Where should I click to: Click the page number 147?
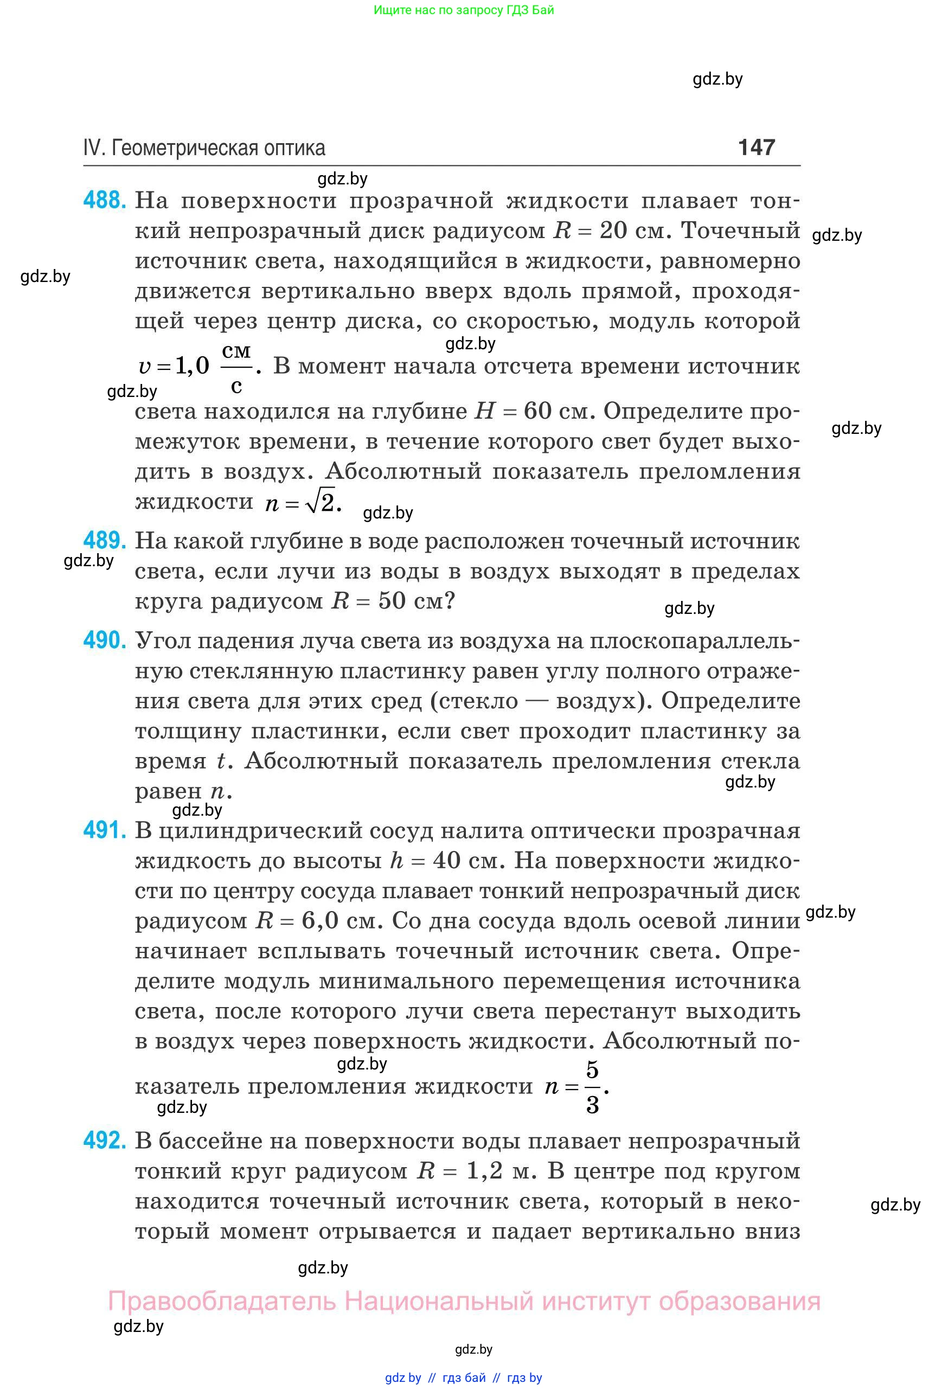[x=757, y=147]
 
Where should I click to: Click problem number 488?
[x=104, y=200]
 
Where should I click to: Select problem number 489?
[x=104, y=540]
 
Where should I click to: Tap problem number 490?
[x=104, y=640]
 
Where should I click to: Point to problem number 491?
[x=104, y=830]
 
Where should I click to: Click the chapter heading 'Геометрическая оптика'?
[x=218, y=148]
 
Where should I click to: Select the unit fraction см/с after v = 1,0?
[x=236, y=367]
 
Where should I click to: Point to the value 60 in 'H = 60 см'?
[x=537, y=411]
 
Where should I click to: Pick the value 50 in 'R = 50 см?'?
[x=392, y=601]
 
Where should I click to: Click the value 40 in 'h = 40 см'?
[x=446, y=860]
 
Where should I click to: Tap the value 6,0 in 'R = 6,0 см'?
[x=319, y=921]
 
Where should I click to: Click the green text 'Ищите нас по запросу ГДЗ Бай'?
[x=464, y=10]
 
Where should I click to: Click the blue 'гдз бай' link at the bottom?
[x=464, y=1378]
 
